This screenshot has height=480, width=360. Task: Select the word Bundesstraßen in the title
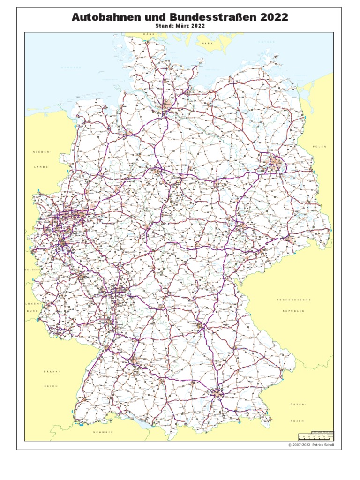206,17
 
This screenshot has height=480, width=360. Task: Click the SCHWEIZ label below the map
104,432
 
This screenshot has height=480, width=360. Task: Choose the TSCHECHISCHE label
294,300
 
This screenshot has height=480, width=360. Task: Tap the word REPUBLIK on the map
293,311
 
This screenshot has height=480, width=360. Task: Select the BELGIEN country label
33,270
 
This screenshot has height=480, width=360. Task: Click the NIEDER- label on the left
41,152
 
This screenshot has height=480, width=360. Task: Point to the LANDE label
41,167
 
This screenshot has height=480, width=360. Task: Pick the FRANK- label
52,371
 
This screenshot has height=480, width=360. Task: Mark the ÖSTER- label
298,404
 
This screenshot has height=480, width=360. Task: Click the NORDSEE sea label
71,67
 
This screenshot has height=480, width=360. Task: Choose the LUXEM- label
32,304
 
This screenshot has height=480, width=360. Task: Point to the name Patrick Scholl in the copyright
323,445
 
